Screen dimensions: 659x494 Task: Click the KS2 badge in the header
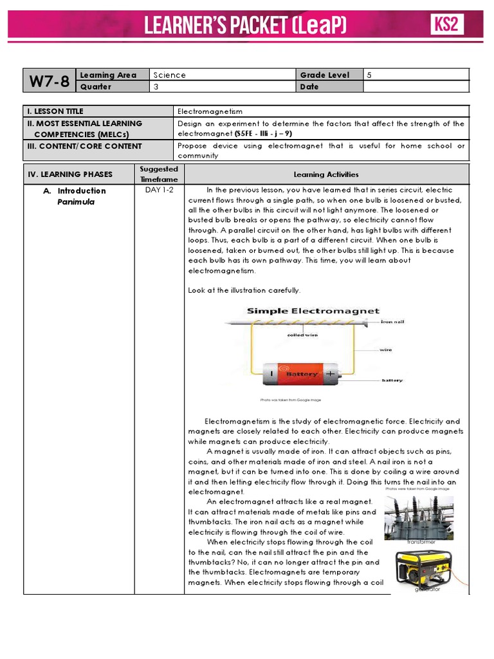[x=446, y=25]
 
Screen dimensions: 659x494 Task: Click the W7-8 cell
[x=50, y=81]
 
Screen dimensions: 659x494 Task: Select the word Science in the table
[x=169, y=75]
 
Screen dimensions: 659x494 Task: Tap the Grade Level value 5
[x=369, y=75]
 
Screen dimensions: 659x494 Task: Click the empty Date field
[x=417, y=87]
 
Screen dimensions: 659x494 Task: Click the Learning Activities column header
[x=326, y=174]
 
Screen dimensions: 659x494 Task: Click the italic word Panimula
[x=76, y=202]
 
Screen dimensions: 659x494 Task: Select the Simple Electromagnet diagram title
[x=313, y=311]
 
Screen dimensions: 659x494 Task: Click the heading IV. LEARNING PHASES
[x=70, y=174]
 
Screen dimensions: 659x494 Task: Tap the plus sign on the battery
[x=330, y=373]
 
